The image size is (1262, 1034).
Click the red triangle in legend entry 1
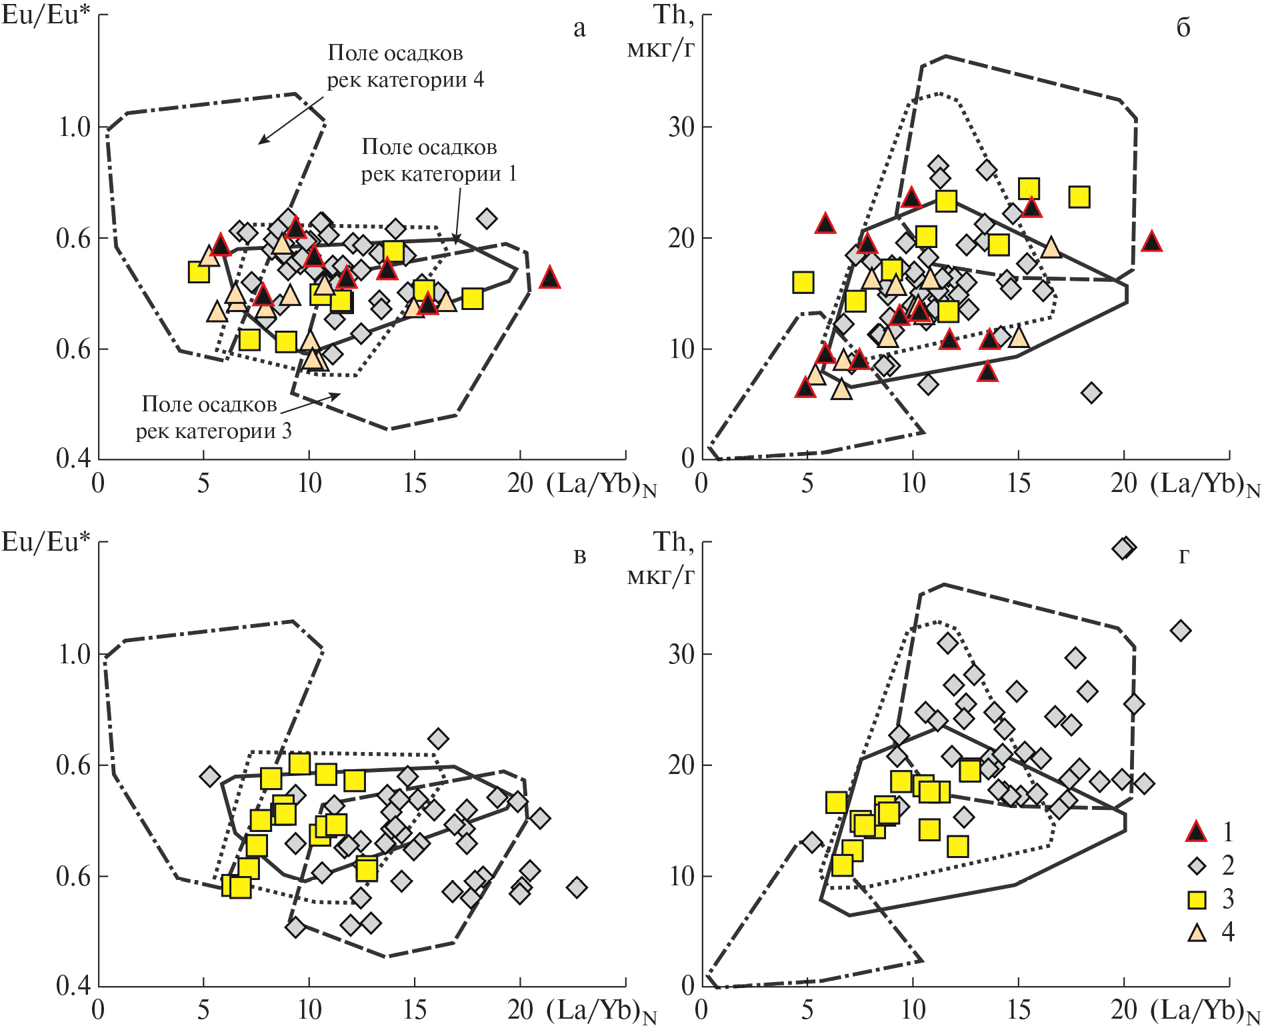click(x=1197, y=831)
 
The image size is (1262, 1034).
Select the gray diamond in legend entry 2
click(x=1197, y=866)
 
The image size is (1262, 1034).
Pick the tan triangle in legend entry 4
click(x=1197, y=933)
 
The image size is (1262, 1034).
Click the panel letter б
click(x=1183, y=29)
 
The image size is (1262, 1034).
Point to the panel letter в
click(x=579, y=556)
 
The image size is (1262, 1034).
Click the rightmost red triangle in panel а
click(x=549, y=277)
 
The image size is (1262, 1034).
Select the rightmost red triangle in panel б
click(x=1151, y=242)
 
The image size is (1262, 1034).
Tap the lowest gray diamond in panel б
click(x=1091, y=393)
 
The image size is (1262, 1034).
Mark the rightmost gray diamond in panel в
click(x=577, y=887)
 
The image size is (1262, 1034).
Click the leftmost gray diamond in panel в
click(x=210, y=776)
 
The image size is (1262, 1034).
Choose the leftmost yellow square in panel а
click(x=199, y=272)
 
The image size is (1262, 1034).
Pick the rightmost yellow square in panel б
click(x=1079, y=197)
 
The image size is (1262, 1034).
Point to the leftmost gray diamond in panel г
click(x=811, y=842)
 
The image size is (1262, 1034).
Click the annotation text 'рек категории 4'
click(x=405, y=81)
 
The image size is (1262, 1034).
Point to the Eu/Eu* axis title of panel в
click(x=45, y=542)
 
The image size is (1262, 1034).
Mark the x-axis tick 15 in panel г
click(x=1019, y=1010)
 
